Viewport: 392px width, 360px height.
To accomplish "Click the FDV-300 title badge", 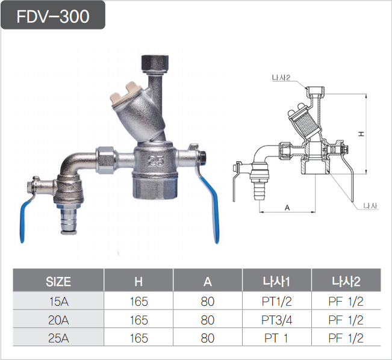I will (53, 16).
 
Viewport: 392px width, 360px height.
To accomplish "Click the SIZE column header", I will (58, 281).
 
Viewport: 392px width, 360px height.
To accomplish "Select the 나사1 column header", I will (276, 281).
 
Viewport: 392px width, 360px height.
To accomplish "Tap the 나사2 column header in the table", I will (346, 281).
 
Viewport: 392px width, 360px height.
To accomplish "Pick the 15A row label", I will (58, 302).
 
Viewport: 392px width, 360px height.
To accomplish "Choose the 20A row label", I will (58, 320).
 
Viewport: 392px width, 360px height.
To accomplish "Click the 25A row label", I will (58, 338).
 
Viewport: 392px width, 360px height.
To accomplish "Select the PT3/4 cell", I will (276, 320).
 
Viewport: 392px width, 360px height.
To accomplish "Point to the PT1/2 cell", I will (276, 302).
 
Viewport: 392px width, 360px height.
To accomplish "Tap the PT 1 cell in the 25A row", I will (276, 338).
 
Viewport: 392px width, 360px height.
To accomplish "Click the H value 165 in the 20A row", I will (138, 320).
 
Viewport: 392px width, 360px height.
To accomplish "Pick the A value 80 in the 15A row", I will (207, 302).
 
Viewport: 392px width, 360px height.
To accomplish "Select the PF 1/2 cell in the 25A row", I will (346, 338).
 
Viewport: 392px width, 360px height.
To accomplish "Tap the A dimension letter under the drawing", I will (287, 207).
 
